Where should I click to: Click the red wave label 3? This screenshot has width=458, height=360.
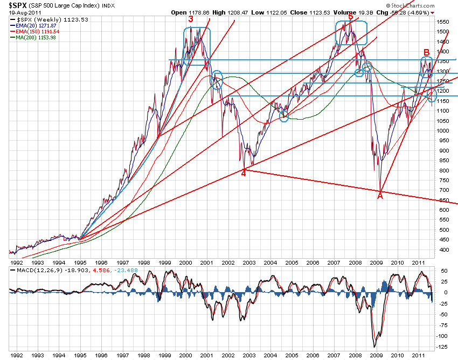click(x=191, y=18)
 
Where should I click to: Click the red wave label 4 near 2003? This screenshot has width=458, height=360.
click(x=244, y=172)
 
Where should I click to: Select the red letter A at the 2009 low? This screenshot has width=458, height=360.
click(x=380, y=196)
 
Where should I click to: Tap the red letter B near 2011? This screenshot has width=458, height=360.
click(x=426, y=52)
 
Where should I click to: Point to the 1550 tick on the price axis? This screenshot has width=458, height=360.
click(x=444, y=22)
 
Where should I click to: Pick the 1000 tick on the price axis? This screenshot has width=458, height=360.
click(x=444, y=131)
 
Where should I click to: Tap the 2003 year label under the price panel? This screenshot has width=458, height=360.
click(x=249, y=263)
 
